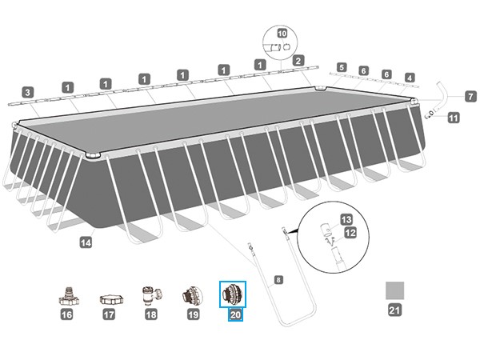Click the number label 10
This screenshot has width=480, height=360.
pos(280,34)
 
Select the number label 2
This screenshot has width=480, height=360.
pos(298,59)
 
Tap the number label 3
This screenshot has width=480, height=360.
pos(27,91)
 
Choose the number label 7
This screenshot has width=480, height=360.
pos(470,96)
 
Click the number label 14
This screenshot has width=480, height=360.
pos(86,240)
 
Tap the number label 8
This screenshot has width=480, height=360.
pos(278,280)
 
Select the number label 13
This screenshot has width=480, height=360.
pos(346,218)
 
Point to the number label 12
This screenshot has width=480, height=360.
pos(349,233)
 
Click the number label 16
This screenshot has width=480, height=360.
pos(67,316)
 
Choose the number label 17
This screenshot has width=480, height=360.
pos(109,316)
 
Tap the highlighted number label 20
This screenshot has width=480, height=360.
pos(235,315)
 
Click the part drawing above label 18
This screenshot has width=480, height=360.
pos(150,294)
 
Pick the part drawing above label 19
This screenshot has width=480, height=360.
pos(192,294)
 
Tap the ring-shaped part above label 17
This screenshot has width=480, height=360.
pos(109,298)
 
